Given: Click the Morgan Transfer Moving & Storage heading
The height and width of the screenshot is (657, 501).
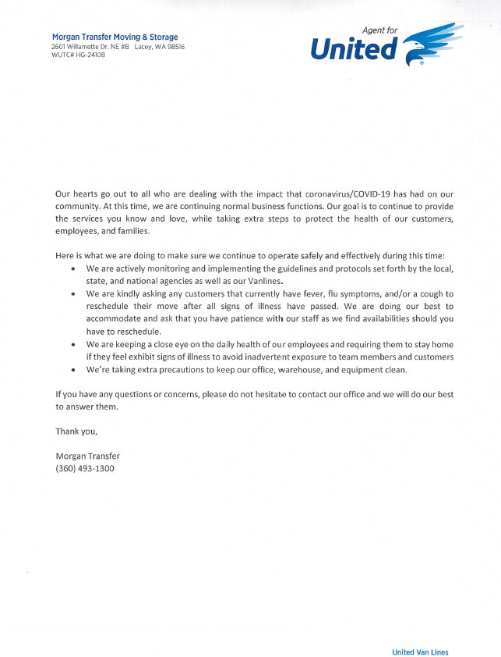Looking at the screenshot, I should (115, 37).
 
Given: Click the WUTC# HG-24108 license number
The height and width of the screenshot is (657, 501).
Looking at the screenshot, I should (78, 55).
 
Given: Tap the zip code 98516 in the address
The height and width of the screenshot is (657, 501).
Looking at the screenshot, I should (175, 46).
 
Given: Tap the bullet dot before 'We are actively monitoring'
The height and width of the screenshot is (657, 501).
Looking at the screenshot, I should (72, 269).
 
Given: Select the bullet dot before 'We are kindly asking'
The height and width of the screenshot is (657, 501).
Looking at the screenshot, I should (72, 294).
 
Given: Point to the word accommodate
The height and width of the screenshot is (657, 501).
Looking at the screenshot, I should (117, 319).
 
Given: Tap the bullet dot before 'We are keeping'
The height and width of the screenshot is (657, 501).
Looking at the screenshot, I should (72, 344).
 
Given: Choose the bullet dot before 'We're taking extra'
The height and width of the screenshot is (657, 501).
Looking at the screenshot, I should (72, 369).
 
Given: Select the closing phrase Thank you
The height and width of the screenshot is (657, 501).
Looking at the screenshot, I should (76, 431).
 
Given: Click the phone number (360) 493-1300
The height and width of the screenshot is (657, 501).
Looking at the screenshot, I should (85, 468).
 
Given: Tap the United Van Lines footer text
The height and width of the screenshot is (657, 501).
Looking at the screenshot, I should (420, 652).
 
